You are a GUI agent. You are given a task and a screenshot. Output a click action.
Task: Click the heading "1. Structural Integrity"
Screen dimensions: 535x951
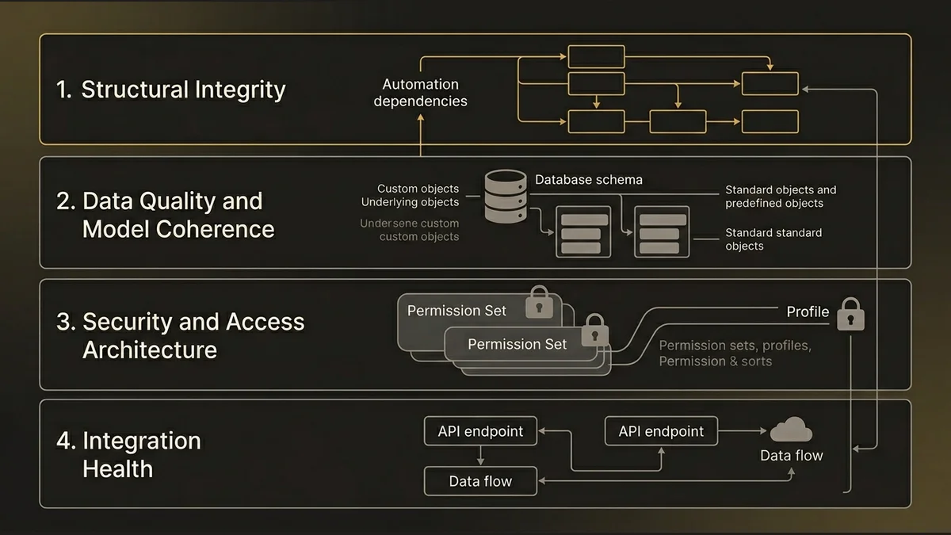click(171, 90)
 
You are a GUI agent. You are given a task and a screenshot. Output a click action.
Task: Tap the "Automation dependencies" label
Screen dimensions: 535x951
click(420, 93)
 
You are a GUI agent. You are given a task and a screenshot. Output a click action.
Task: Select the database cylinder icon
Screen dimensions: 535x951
click(506, 195)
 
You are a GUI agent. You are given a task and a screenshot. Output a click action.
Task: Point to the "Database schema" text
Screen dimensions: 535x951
click(588, 180)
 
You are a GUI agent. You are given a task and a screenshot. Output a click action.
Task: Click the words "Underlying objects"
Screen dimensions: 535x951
click(410, 202)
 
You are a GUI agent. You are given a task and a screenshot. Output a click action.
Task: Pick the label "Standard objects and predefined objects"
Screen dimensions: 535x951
click(780, 197)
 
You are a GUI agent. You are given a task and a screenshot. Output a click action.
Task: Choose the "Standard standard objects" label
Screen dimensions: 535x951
click(773, 239)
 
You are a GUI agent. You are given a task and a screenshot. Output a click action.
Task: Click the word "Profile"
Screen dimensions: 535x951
click(808, 311)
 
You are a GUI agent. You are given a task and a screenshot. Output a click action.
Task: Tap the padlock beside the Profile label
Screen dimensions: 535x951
click(851, 314)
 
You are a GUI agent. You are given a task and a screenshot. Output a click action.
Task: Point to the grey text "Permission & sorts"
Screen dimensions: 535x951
click(715, 361)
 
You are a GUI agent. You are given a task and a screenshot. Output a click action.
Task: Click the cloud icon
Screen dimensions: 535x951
click(791, 430)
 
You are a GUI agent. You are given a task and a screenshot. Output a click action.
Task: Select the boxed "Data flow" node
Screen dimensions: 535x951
click(480, 481)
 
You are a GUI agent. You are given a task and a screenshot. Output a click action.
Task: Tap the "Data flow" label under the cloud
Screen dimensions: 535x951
click(791, 455)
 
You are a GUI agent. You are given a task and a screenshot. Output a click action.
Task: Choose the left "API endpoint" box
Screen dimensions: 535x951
click(480, 431)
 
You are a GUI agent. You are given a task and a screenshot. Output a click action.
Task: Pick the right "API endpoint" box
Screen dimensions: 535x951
click(661, 431)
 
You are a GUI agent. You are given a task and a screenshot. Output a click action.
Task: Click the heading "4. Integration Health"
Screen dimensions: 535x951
click(128, 454)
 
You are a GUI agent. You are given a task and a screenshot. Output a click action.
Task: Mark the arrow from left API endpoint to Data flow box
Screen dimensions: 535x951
click(480, 456)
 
